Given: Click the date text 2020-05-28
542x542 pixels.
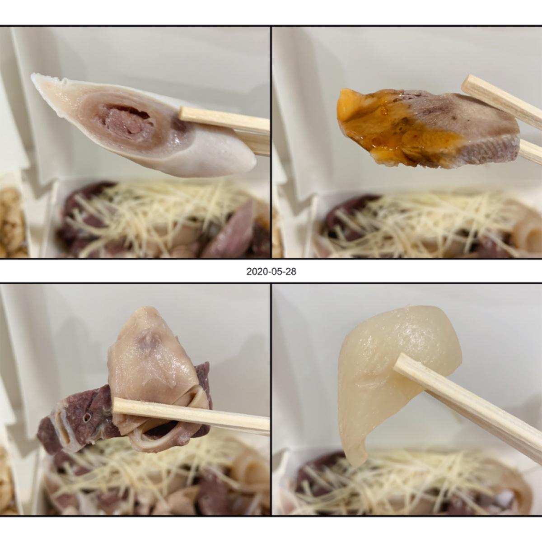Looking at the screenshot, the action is click(271, 271).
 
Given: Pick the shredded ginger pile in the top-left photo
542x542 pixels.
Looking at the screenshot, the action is click(158, 214).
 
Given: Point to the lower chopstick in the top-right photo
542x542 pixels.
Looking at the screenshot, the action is click(530, 152).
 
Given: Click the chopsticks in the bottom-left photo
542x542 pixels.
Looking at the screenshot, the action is click(191, 416).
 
